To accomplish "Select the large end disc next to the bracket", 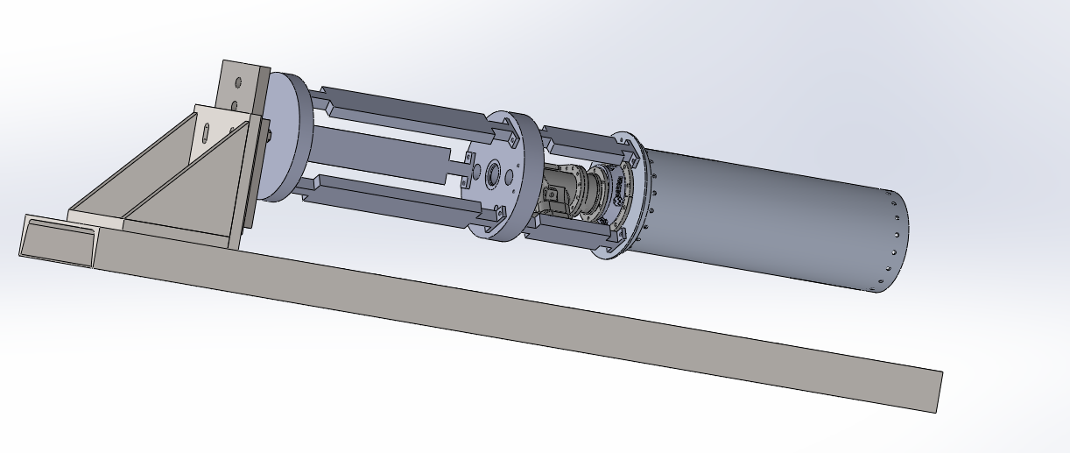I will (285, 136).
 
